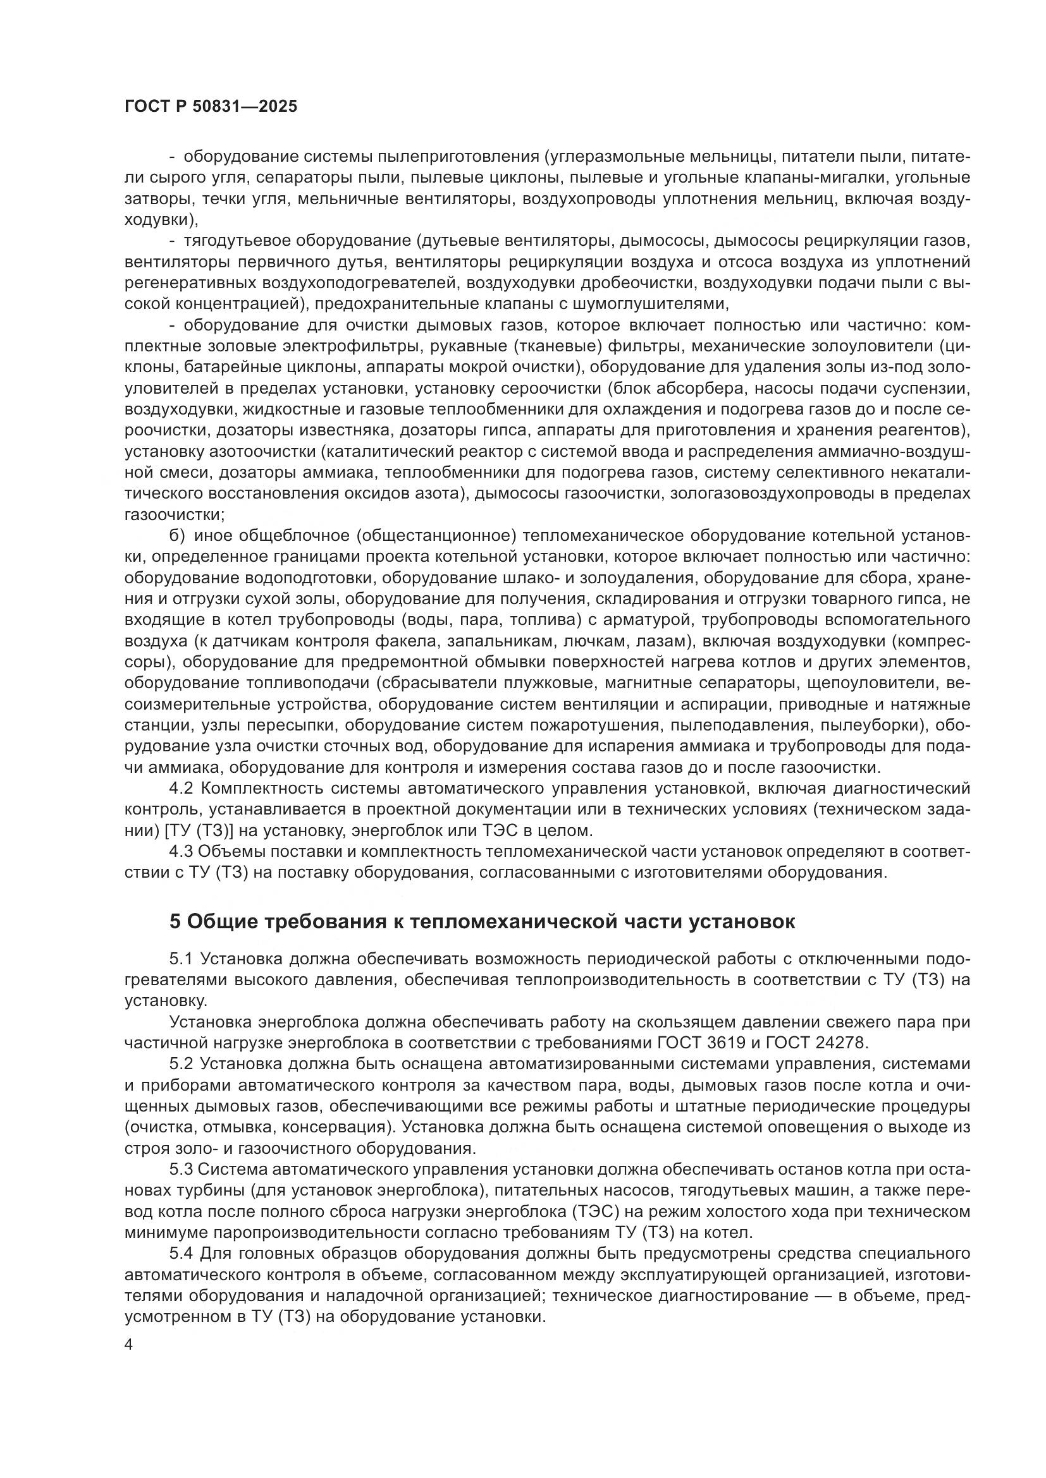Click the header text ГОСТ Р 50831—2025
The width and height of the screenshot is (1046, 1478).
pos(211,107)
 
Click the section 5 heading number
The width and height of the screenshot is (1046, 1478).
pos(175,922)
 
